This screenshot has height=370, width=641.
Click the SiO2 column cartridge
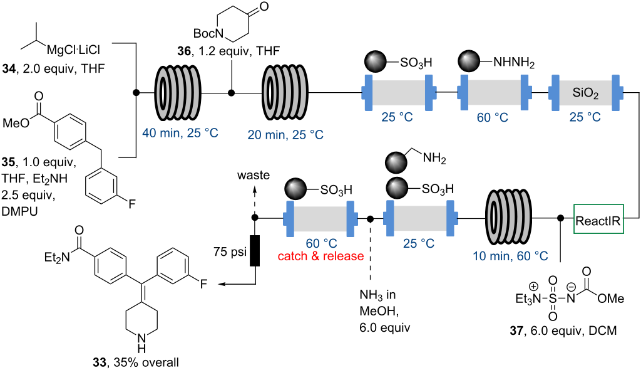(x=585, y=93)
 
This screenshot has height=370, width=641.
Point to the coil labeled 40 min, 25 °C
(x=170, y=93)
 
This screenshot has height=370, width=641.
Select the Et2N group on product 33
(x=56, y=256)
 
